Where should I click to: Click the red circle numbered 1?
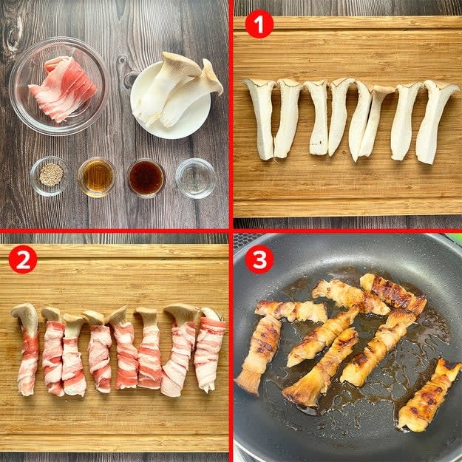click(x=259, y=24)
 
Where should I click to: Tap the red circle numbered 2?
click(x=23, y=259)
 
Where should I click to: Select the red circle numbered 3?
click(x=259, y=260)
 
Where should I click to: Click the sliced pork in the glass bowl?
click(x=63, y=88)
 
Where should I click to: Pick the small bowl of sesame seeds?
click(x=50, y=176)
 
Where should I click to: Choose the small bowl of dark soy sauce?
click(x=146, y=178)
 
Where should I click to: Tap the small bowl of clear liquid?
click(x=196, y=178)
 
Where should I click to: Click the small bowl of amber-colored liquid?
click(x=96, y=177)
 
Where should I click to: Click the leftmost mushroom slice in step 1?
click(x=262, y=118)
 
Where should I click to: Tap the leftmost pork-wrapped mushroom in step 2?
click(x=27, y=349)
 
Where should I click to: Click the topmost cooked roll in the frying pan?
click(x=393, y=293)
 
